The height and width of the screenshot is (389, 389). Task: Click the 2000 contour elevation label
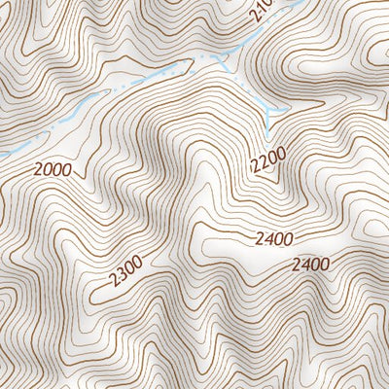pyautogui.click(x=52, y=169)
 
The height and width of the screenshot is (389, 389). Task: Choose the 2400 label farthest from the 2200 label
pyautogui.click(x=309, y=264)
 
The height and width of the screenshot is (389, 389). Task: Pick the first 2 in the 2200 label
pyautogui.click(x=255, y=168)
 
